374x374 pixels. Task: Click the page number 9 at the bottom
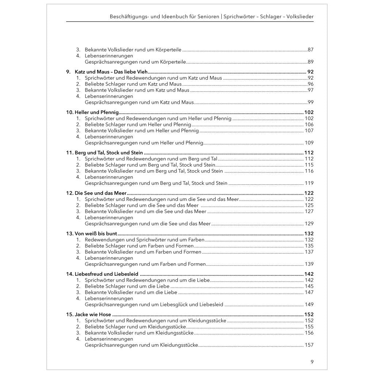(312, 362)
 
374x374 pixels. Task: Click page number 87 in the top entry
(310, 50)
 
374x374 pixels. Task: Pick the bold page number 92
(310, 72)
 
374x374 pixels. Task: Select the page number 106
(309, 125)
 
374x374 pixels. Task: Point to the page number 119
(309, 183)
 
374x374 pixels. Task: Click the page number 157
(309, 345)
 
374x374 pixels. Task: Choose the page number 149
(309, 305)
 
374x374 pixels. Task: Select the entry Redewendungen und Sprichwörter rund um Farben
(144, 240)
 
